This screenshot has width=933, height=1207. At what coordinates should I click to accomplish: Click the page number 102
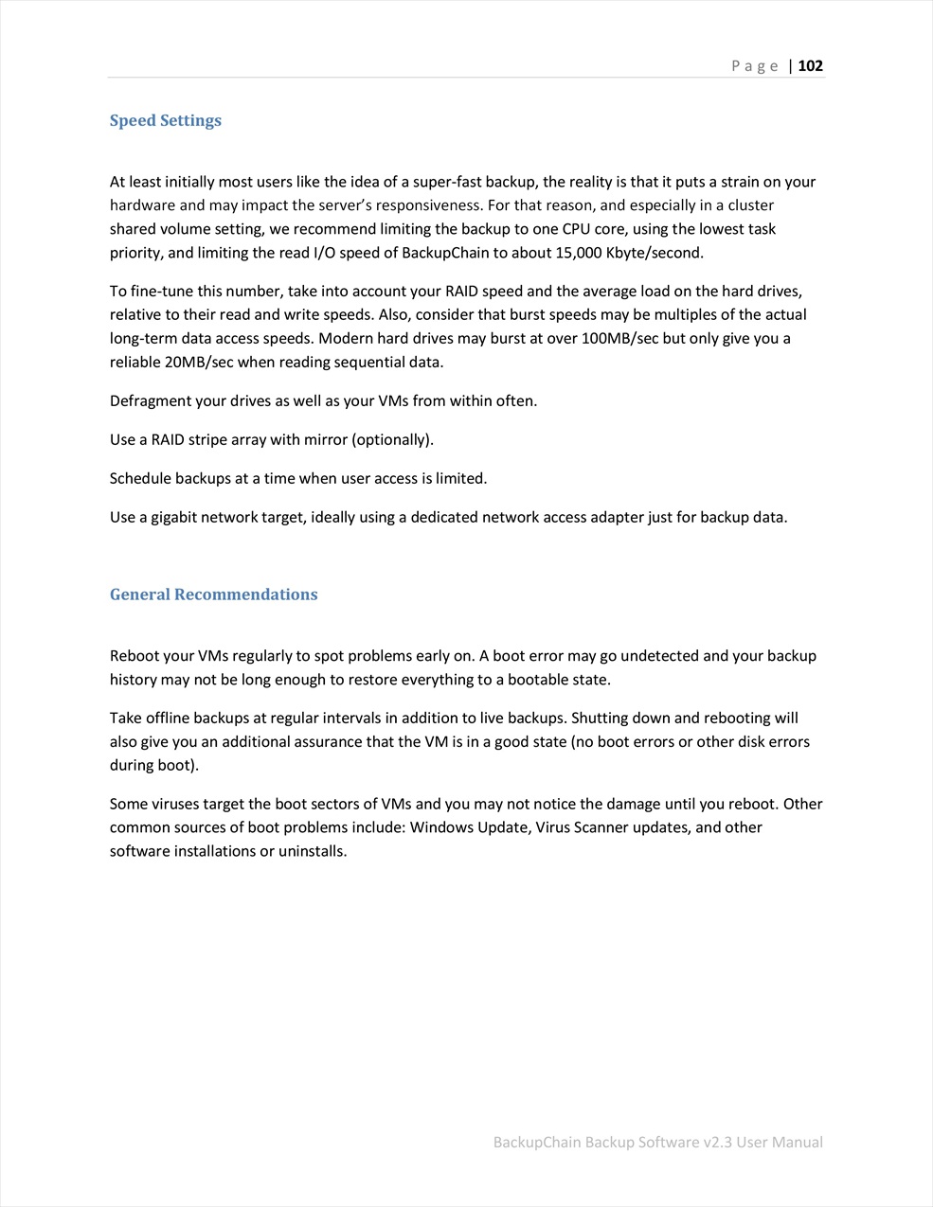pyautogui.click(x=811, y=66)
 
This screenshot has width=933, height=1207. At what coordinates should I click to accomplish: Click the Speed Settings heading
pyautogui.click(x=166, y=121)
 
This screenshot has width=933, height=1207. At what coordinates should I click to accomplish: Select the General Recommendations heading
pyautogui.click(x=214, y=595)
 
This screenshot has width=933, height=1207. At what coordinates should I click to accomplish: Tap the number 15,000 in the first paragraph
pyautogui.click(x=574, y=253)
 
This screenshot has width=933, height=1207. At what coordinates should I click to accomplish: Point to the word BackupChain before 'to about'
pyautogui.click(x=445, y=253)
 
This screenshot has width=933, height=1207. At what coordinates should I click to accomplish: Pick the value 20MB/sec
pyautogui.click(x=199, y=362)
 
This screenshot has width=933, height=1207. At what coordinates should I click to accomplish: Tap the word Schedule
pyautogui.click(x=140, y=478)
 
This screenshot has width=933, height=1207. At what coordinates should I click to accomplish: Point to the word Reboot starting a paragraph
pyautogui.click(x=135, y=656)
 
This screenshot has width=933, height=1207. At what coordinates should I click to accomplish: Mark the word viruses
pyautogui.click(x=177, y=804)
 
